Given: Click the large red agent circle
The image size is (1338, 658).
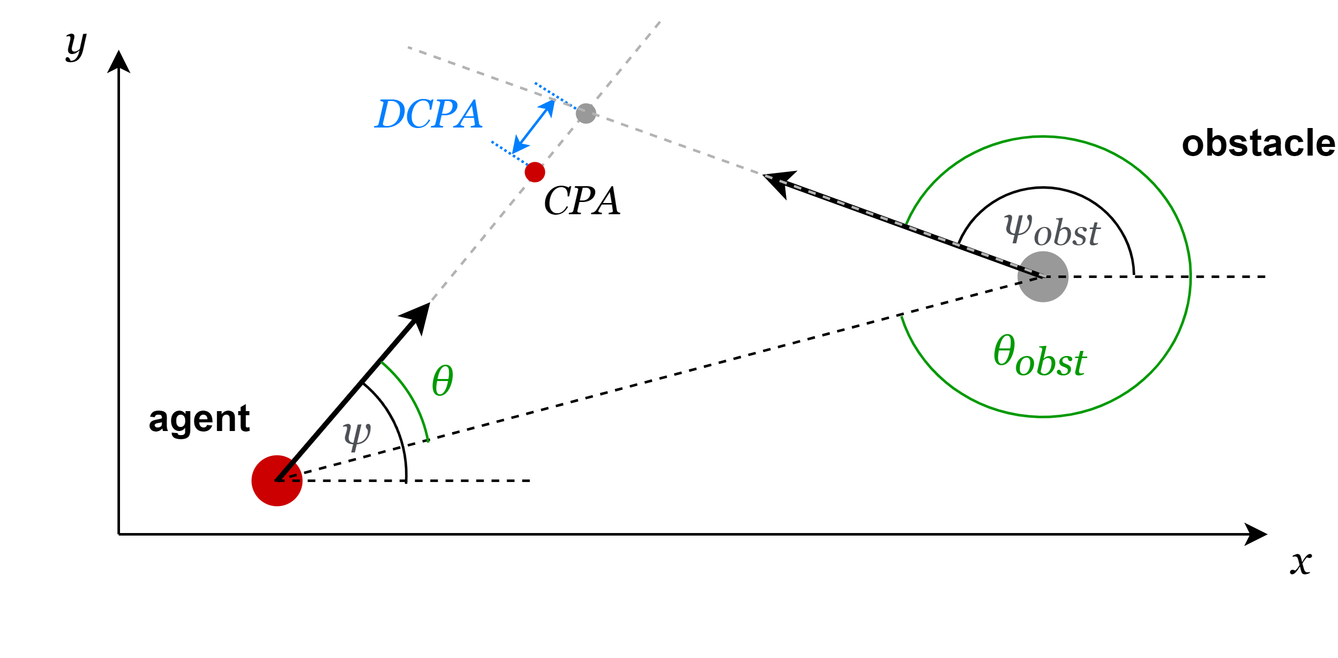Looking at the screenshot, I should click(x=277, y=480).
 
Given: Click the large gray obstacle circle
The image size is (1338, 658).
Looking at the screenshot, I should click(x=1042, y=276).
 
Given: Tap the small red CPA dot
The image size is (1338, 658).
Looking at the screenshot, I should click(x=535, y=172).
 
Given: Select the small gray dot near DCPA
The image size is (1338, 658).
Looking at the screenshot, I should click(x=586, y=113).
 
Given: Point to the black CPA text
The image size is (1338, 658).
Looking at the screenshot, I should click(x=582, y=201).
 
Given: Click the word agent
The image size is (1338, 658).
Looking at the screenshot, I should click(x=199, y=419).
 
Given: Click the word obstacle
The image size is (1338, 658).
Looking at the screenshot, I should click(x=1258, y=144).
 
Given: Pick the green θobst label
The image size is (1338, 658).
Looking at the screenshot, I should click(x=1039, y=357).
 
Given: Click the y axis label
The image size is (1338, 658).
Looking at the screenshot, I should click(x=77, y=46).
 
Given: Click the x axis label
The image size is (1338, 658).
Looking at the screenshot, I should click(x=1301, y=563).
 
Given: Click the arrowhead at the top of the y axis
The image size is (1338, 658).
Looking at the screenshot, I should click(x=118, y=61).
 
